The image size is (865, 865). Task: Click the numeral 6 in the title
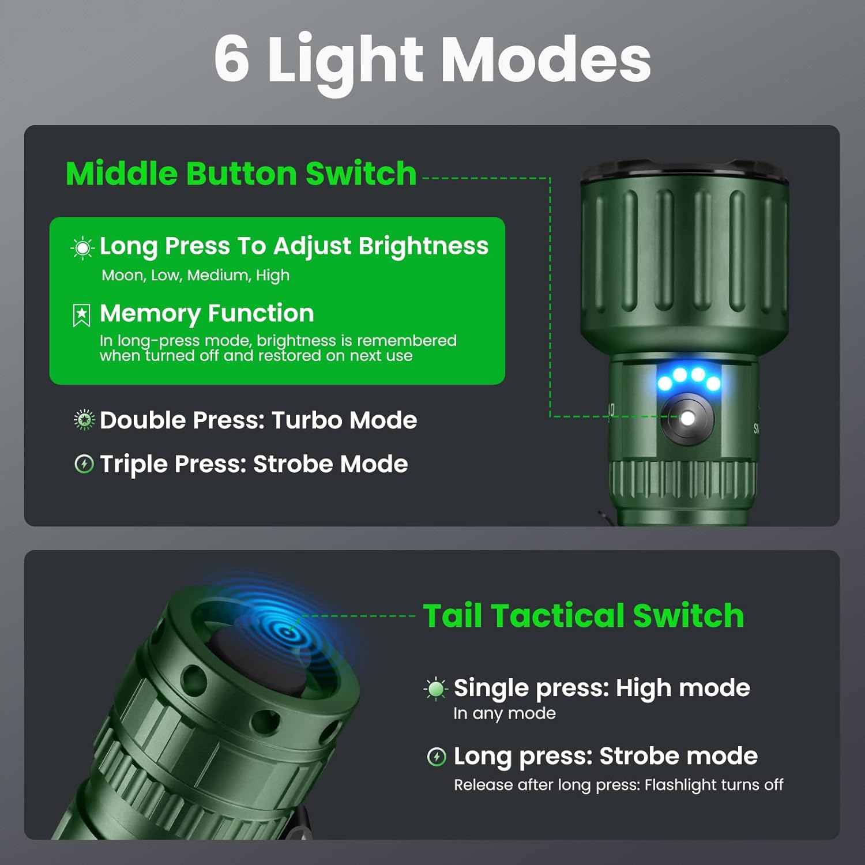(232, 59)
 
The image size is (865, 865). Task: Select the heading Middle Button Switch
(241, 174)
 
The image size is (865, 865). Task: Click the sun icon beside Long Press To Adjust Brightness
(82, 248)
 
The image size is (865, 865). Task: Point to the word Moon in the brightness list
(122, 275)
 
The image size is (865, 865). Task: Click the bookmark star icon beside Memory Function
(82, 315)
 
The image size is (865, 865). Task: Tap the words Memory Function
(206, 313)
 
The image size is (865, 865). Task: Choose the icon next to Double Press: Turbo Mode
(84, 420)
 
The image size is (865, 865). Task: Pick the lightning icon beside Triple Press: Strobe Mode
(84, 464)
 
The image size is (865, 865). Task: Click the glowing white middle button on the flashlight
(687, 418)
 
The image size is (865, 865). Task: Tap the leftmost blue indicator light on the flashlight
(664, 383)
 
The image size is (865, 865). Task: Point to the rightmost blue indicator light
(713, 383)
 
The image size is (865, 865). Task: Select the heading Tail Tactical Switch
(583, 615)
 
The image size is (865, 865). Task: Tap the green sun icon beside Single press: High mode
(436, 689)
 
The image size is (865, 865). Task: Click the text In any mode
(504, 713)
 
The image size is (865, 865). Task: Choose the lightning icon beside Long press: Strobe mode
(437, 757)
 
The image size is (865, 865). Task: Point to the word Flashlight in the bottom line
(680, 785)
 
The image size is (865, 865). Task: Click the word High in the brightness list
(273, 275)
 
